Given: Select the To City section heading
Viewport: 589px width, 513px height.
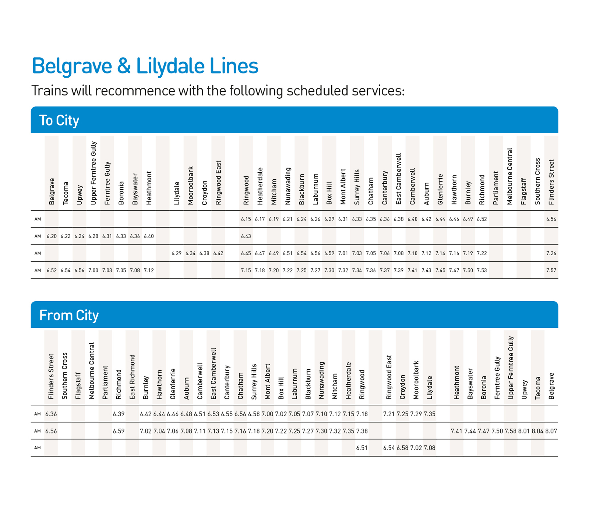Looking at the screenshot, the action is tap(59, 120).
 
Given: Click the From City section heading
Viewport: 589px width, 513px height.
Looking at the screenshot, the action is tap(69, 315).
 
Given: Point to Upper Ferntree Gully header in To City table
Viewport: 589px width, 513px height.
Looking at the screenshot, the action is tap(94, 173).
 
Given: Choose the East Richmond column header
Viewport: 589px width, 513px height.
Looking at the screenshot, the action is tap(132, 377).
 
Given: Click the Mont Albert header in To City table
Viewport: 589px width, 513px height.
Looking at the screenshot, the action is tap(343, 187).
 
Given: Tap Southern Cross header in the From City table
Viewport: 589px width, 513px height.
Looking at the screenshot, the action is tap(65, 376).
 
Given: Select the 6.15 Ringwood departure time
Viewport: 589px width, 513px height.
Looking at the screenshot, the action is tap(246, 219).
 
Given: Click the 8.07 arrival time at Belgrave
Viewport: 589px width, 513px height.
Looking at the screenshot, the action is tap(551, 431).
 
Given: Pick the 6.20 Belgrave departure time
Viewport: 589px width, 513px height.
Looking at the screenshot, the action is tap(52, 236).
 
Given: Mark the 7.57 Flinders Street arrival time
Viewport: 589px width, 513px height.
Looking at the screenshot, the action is tap(551, 270).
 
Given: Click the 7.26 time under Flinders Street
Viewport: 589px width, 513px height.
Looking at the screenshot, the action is tap(551, 253).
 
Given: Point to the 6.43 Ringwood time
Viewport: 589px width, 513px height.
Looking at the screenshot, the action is tap(246, 236).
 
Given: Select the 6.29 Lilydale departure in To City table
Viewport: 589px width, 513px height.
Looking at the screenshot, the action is tap(177, 253).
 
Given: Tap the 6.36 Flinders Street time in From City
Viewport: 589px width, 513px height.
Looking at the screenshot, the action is tap(51, 414).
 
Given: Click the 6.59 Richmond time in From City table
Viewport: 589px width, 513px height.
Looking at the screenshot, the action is tap(119, 431).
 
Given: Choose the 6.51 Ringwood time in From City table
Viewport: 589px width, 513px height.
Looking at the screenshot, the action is tap(362, 448).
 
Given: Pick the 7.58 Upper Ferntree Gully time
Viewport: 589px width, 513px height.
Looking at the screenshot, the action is tap(511, 431).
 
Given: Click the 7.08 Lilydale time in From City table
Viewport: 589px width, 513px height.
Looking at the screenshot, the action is tap(430, 448).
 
